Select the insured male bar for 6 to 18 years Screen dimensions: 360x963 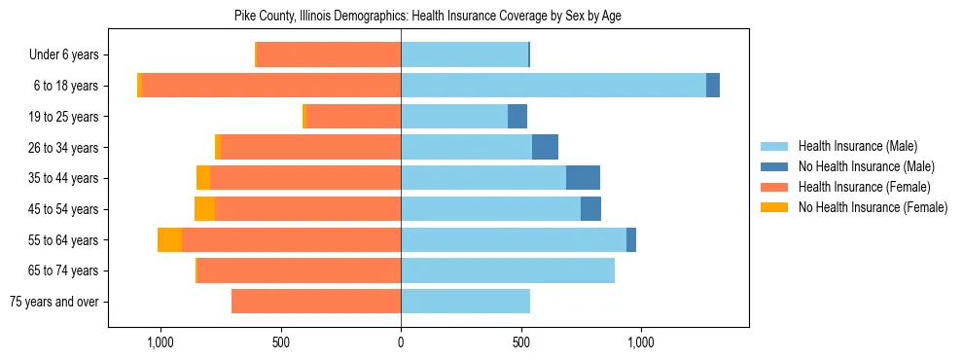click(553, 86)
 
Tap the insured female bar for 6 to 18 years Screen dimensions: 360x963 click(271, 86)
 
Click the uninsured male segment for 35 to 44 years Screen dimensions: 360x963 click(583, 178)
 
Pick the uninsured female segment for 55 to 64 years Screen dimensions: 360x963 click(170, 240)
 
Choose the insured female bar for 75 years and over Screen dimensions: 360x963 click(316, 302)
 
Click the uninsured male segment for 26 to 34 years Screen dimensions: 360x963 click(545, 147)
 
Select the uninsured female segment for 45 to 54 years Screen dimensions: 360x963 click(204, 209)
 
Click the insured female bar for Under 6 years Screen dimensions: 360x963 click(329, 54)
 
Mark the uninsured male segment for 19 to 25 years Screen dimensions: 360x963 click(517, 117)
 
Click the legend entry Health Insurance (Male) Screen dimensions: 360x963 click(857, 146)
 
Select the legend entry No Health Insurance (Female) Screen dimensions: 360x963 click(873, 207)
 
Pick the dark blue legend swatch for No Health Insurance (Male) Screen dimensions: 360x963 click(774, 166)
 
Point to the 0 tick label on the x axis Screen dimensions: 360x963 click(401, 342)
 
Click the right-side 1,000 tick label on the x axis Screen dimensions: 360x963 click(641, 342)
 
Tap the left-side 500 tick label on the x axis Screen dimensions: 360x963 click(280, 342)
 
